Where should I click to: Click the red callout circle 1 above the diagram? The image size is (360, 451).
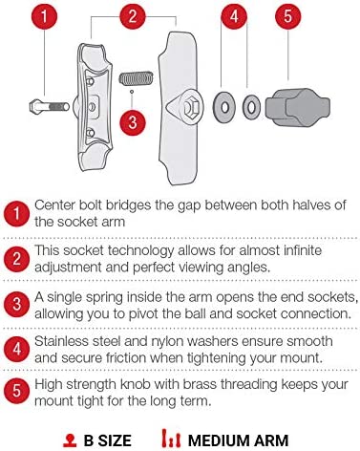44,16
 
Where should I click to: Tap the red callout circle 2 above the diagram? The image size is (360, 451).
133,16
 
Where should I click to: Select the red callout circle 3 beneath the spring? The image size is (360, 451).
133,122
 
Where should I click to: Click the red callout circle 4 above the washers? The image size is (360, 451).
234,16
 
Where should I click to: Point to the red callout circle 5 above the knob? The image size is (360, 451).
287,16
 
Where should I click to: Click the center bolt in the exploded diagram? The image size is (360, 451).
50,106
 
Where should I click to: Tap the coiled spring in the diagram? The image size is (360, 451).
137,78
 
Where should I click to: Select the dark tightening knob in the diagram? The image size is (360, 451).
298,107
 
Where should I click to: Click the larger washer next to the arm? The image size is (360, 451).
224,107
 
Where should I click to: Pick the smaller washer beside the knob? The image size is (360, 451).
251,107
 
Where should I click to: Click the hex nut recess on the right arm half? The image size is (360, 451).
191,107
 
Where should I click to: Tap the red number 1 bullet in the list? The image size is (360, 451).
16,213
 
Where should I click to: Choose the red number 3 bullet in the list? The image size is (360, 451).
16,304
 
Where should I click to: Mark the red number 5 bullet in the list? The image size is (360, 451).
16,391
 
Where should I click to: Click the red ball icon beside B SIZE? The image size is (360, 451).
70,440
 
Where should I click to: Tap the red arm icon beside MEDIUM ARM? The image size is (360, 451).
171,439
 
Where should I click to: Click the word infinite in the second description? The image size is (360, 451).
299,250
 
